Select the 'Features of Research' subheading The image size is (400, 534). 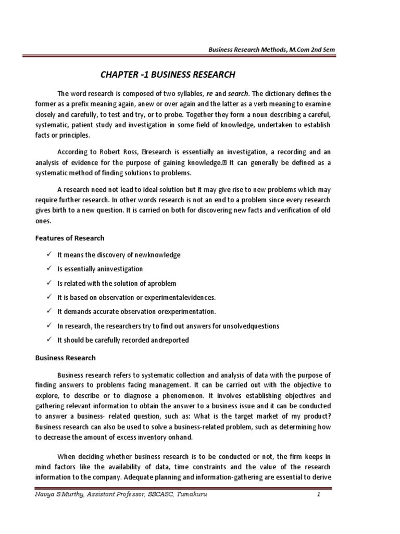click(x=70, y=238)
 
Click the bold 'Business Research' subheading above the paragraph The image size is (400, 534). click(x=65, y=358)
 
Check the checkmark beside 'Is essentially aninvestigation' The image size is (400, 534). click(x=48, y=269)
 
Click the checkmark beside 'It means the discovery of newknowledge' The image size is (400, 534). click(x=48, y=255)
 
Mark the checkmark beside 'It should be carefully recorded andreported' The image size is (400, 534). click(x=48, y=339)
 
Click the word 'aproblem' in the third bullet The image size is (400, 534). click(x=162, y=283)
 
